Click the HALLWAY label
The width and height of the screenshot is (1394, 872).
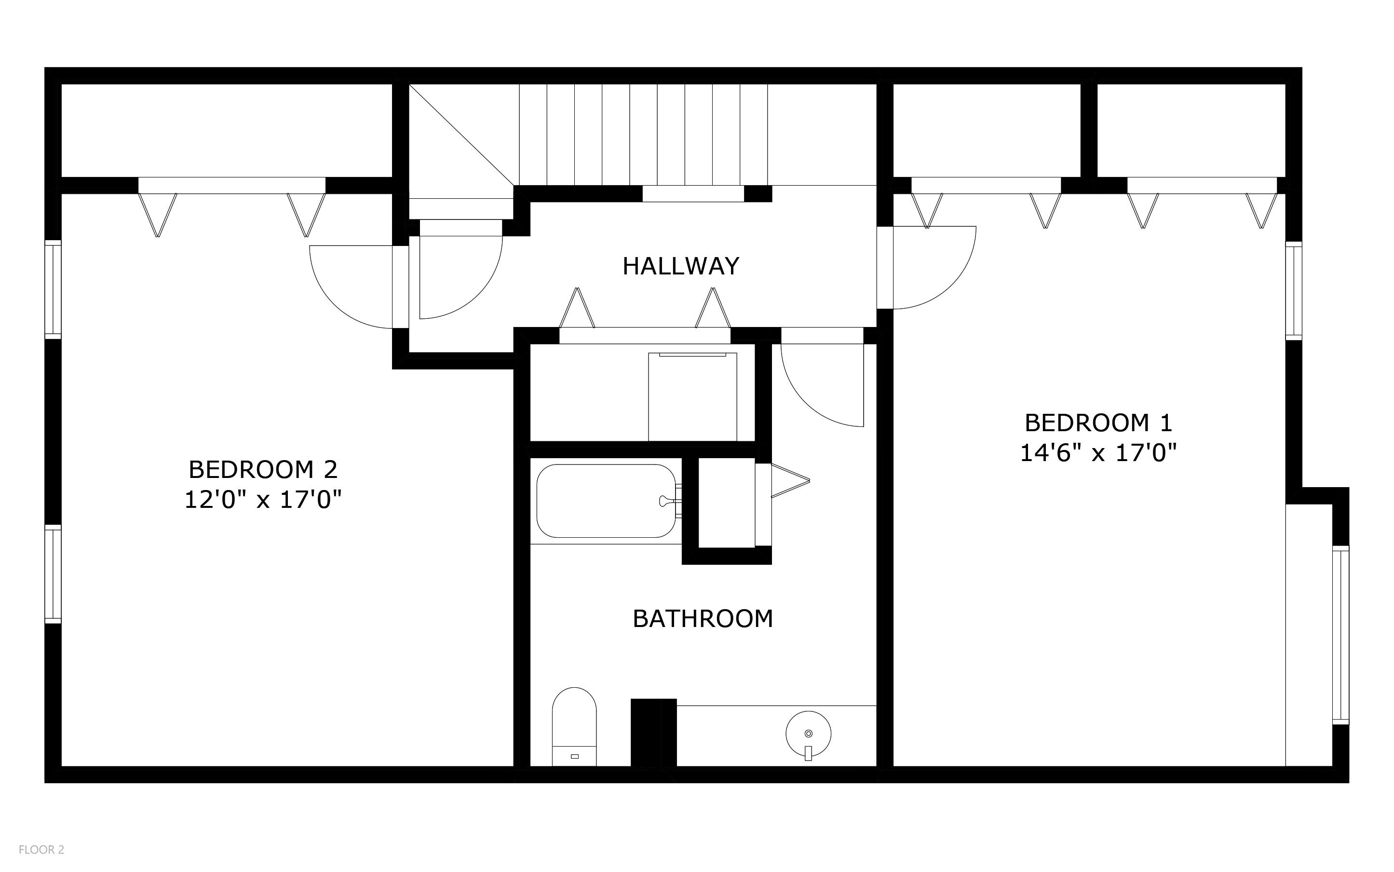680,266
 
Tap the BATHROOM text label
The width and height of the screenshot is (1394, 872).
702,619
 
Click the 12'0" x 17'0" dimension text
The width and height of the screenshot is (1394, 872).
263,500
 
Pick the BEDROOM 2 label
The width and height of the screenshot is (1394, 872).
263,469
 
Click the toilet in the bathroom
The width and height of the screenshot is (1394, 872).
574,728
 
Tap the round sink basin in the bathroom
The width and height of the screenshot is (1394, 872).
808,734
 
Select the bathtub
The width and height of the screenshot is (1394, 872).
605,501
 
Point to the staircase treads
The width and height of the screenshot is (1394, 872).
643,135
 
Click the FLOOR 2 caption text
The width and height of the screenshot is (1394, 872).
41,849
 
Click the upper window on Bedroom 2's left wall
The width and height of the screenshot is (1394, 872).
53,289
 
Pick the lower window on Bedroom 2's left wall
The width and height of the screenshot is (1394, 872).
53,574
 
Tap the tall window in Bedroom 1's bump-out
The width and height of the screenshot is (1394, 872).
1341,634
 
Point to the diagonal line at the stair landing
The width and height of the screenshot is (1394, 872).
461,136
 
